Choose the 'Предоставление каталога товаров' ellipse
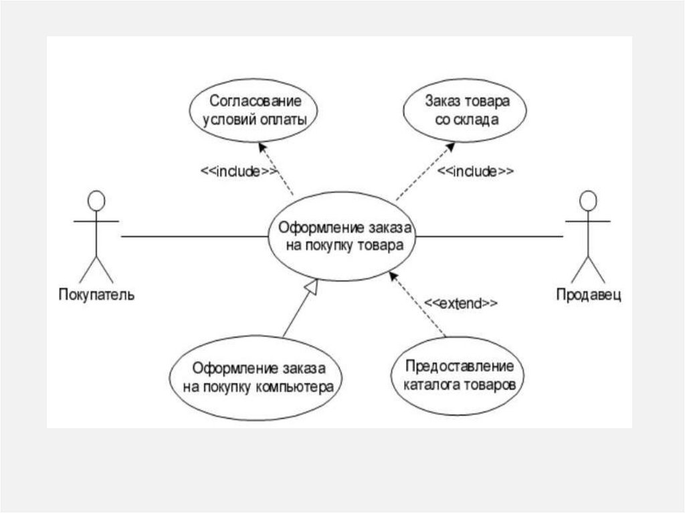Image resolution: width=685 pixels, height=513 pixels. pyautogui.click(x=458, y=376)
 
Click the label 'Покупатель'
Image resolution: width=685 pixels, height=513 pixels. pyautogui.click(x=96, y=294)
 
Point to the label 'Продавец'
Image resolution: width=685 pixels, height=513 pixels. pyautogui.click(x=589, y=294)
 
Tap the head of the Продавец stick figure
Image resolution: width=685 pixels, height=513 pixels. pyautogui.click(x=588, y=201)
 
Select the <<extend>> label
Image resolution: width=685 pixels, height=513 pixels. pyautogui.click(x=462, y=303)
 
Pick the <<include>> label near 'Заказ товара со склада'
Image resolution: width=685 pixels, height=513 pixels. pyautogui.click(x=476, y=171)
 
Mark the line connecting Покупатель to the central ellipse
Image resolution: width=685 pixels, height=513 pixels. pyautogui.click(x=194, y=236)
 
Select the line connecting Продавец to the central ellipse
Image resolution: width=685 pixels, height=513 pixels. pyautogui.click(x=488, y=236)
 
